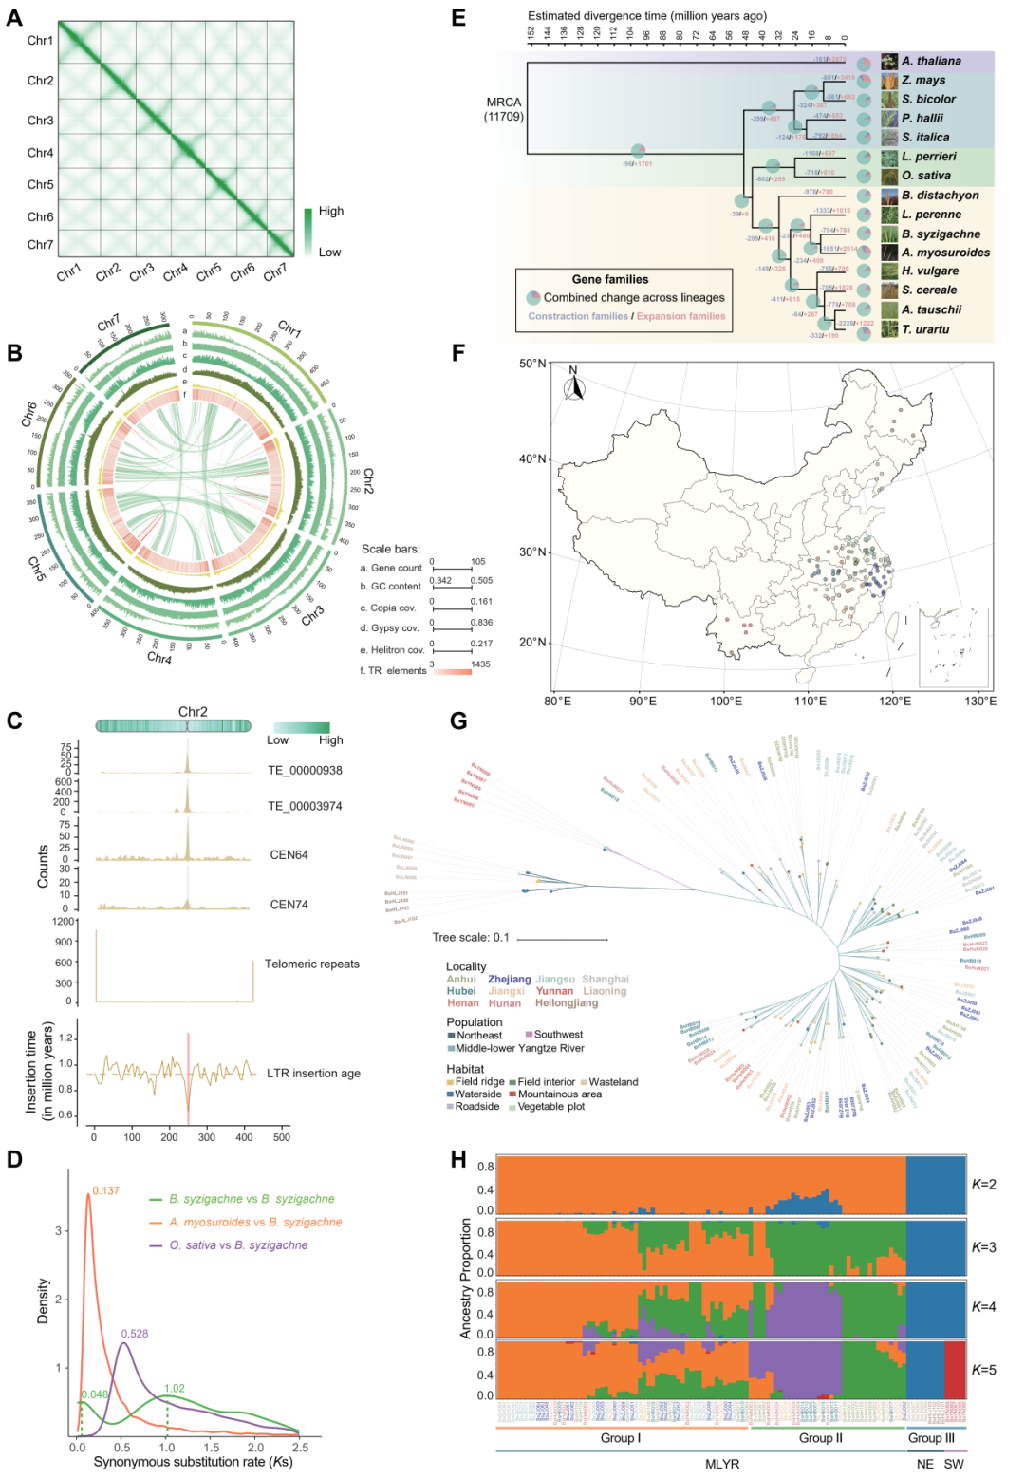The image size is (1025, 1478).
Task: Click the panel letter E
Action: click(459, 18)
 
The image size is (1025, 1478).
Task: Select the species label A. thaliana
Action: click(931, 61)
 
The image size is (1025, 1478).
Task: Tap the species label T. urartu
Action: click(925, 329)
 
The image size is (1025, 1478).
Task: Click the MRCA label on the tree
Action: click(504, 103)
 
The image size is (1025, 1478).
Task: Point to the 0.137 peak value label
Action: click(106, 1190)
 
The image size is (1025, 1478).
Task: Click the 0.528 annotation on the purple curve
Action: click(135, 1334)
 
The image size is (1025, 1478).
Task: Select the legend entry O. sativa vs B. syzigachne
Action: click(238, 1245)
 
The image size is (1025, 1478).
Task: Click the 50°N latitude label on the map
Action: click(533, 364)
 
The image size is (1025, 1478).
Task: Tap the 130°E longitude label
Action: click(980, 702)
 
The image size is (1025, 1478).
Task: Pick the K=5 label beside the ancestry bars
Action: click(983, 1370)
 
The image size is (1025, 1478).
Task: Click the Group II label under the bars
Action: click(821, 1438)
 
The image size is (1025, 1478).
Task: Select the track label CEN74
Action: click(289, 905)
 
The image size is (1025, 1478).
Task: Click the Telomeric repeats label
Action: click(312, 964)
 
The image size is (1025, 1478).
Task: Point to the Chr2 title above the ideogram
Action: click(193, 712)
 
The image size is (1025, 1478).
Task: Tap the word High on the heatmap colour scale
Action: click(331, 211)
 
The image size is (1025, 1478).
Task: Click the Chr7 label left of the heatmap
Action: click(40, 244)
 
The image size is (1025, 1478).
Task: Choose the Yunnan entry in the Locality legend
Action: click(555, 991)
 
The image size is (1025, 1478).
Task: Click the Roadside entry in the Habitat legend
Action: click(476, 1107)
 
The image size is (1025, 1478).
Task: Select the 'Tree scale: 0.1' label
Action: click(471, 937)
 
